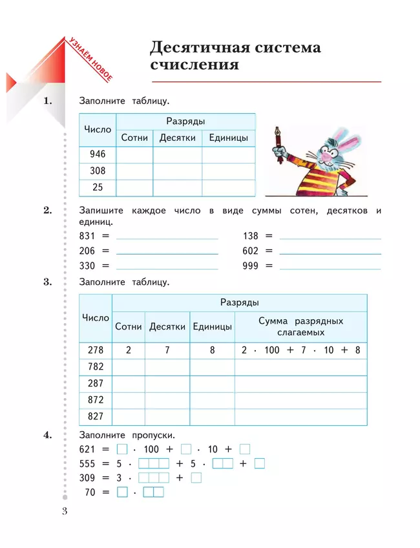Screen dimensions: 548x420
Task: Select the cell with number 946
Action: (97, 154)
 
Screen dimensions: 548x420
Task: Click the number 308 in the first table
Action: (97, 171)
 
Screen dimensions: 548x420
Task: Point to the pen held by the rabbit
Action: (280, 139)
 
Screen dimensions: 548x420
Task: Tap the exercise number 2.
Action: (47, 210)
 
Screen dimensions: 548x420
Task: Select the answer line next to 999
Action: (330, 266)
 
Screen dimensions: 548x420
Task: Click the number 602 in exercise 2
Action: (251, 251)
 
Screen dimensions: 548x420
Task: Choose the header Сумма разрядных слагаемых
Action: (300, 326)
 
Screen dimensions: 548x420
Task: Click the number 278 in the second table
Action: (95, 350)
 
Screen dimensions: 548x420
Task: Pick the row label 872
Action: (95, 400)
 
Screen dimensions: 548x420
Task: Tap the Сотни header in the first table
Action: (134, 138)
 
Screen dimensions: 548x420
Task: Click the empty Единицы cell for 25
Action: (228, 188)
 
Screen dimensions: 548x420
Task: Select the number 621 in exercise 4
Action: (87, 449)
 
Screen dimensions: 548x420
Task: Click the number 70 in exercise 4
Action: (90, 493)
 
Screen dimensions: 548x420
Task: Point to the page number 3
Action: (64, 512)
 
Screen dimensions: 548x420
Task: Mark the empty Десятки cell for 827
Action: (167, 417)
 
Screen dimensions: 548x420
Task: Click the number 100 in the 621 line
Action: (151, 449)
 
